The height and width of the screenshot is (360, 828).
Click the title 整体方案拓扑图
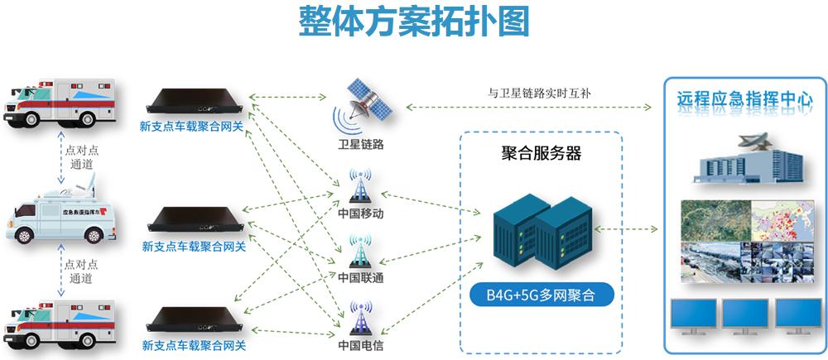pyautogui.click(x=413, y=22)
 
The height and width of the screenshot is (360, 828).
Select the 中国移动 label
pyautogui.click(x=361, y=214)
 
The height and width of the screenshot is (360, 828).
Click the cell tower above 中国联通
pyautogui.click(x=361, y=249)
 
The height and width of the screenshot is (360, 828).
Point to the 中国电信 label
pyautogui.click(x=361, y=345)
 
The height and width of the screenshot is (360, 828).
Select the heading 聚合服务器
pyautogui.click(x=542, y=153)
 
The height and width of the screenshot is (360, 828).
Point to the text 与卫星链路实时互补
pyautogui.click(x=539, y=93)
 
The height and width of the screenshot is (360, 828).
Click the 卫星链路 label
pyautogui.click(x=361, y=145)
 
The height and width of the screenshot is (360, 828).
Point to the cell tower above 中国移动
pyautogui.click(x=361, y=187)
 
